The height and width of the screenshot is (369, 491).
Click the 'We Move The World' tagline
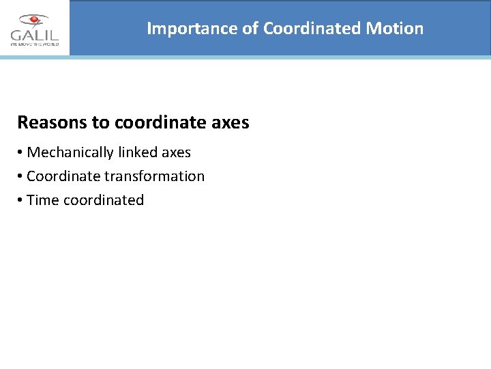tap(34, 44)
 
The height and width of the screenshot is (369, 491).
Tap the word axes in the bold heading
tap(230, 124)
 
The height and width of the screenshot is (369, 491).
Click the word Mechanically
tap(71, 152)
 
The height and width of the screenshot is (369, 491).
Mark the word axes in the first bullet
tap(177, 152)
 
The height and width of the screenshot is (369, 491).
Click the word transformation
tap(154, 176)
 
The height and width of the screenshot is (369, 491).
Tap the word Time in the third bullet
tap(43, 200)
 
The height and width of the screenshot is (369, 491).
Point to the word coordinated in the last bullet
tap(104, 200)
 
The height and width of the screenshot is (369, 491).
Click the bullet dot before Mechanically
tap(20, 152)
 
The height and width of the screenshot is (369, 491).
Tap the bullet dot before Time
tap(20, 200)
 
